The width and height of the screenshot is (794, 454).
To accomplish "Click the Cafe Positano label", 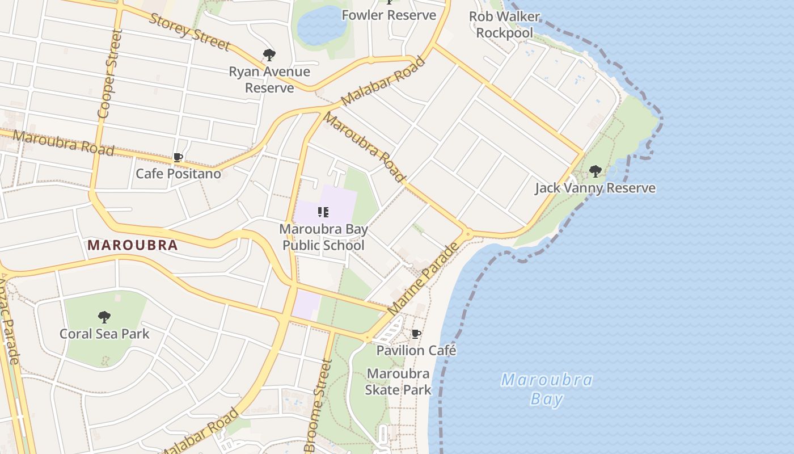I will [x=178, y=174].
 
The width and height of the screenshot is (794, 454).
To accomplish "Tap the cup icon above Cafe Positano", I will [x=178, y=157].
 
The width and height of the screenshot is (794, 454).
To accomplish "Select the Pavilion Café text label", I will [x=416, y=350].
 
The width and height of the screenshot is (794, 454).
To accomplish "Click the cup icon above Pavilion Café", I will [x=416, y=334].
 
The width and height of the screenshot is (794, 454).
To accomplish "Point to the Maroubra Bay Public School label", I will [x=323, y=237].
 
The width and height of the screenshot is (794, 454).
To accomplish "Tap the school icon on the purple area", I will [x=323, y=212].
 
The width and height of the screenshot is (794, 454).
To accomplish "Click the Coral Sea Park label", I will [x=104, y=333].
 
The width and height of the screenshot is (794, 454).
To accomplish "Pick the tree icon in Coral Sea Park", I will [x=104, y=317].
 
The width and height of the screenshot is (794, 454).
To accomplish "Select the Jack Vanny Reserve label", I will [x=595, y=188].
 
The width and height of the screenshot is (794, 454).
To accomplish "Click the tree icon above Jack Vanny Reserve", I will [x=595, y=171].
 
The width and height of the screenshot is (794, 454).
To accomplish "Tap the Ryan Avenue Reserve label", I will [x=269, y=79].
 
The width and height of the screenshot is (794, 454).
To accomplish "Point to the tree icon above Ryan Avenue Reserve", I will [x=269, y=55].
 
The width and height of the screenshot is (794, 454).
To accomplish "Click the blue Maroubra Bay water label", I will [x=547, y=389].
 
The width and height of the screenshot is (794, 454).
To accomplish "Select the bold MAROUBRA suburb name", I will [x=133, y=246].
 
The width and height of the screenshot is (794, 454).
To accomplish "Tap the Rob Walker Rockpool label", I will [x=504, y=24].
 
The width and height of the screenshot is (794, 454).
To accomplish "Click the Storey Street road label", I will [x=189, y=31].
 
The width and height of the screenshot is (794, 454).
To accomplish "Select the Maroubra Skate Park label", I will [x=398, y=381].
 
